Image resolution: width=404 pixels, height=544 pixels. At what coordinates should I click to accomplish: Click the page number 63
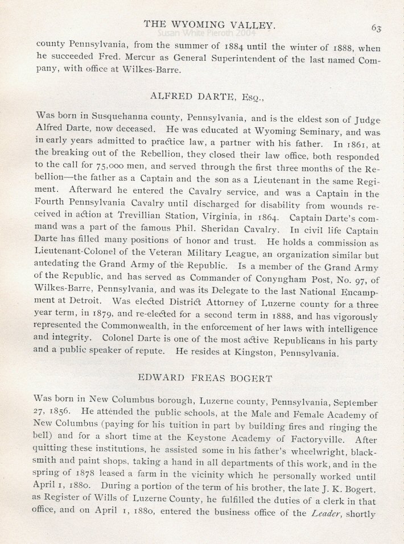[x=376, y=27]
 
